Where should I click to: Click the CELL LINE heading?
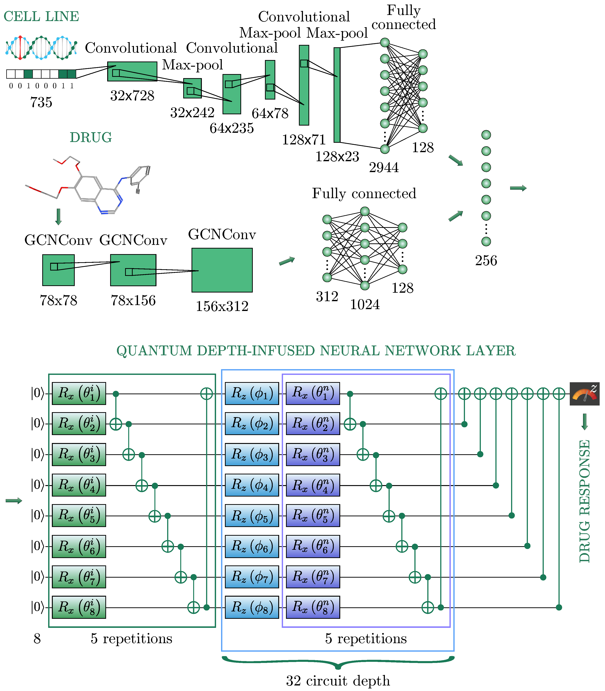(x=41, y=16)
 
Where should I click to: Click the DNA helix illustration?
(x=41, y=48)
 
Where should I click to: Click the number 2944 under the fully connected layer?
(x=384, y=167)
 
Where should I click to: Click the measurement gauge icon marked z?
(x=584, y=394)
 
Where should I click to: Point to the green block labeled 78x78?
(x=58, y=270)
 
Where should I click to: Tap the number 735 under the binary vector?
(x=41, y=102)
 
